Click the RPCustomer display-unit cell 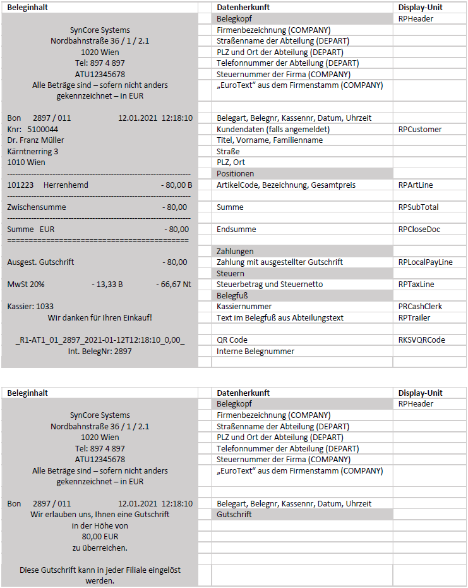point(420,130)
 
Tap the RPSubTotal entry point(418,207)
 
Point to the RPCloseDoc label point(419,230)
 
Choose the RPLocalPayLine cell point(425,262)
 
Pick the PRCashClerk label point(420,307)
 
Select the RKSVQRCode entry point(421,340)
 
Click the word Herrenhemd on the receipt point(66,185)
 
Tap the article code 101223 point(20,185)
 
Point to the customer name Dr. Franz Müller point(35,140)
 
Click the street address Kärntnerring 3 point(33,152)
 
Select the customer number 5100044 point(43,130)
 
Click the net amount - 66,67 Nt point(173,285)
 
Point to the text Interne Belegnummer point(255,352)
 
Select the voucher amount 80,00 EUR point(100,537)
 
